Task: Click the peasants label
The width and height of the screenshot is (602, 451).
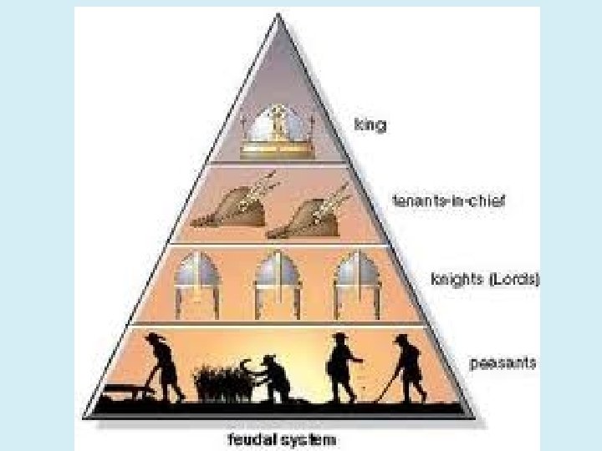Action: tap(502, 363)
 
